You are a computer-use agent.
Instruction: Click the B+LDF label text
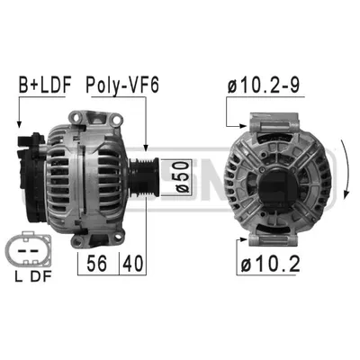pos(45,85)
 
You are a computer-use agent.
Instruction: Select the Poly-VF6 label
pos(122,85)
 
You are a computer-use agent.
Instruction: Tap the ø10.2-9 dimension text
pos(264,85)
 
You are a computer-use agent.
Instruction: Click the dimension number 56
pos(96,264)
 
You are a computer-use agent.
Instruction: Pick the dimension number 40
pos(133,264)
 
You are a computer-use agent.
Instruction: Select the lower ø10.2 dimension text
pos(270,264)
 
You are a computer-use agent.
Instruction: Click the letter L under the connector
pos(19,276)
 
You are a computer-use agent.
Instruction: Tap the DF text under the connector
pos(41,276)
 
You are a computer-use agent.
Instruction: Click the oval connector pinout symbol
pos(28,250)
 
